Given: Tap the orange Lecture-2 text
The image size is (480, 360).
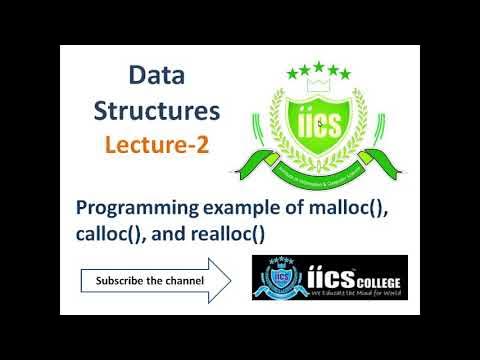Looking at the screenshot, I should tap(157, 144).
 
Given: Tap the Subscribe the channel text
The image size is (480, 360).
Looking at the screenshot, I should tap(150, 280).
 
